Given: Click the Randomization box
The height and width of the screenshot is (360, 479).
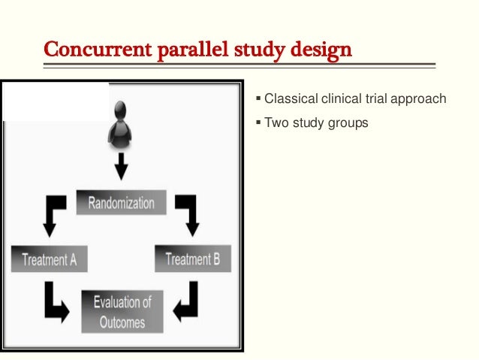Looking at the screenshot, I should click(121, 203).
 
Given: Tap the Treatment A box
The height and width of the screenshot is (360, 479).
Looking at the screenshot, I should click(50, 260).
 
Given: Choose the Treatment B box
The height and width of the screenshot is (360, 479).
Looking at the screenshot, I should click(193, 260).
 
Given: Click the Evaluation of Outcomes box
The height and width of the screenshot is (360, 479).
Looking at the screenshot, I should click(122, 312).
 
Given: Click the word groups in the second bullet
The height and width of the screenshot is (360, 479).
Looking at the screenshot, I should click(348, 122).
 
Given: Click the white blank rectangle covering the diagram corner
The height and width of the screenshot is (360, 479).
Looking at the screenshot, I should click(56, 101).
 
